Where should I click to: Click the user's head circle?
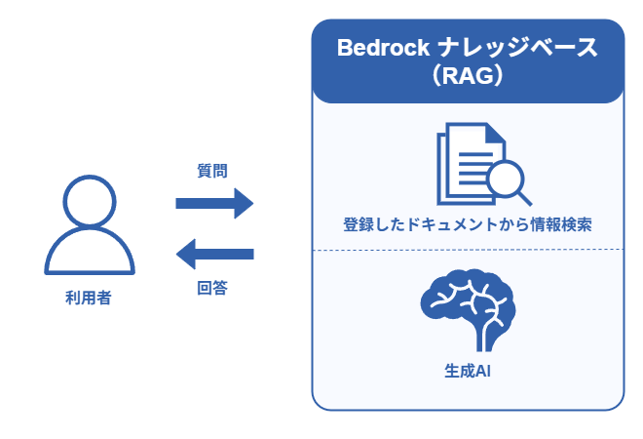coord(90,178)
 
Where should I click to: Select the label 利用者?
coord(89,298)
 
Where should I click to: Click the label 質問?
coord(212,171)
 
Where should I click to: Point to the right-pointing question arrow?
coord(214,203)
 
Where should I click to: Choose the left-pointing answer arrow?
coord(215,255)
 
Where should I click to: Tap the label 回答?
coord(212,288)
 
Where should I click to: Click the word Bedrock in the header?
coord(383,48)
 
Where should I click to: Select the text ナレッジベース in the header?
coord(518,48)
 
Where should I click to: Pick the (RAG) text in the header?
coord(468,76)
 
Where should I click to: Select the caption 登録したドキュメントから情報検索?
coord(468,224)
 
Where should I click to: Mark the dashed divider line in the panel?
coord(468,250)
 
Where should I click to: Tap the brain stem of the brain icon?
coord(484,337)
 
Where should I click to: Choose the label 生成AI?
coord(468,371)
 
